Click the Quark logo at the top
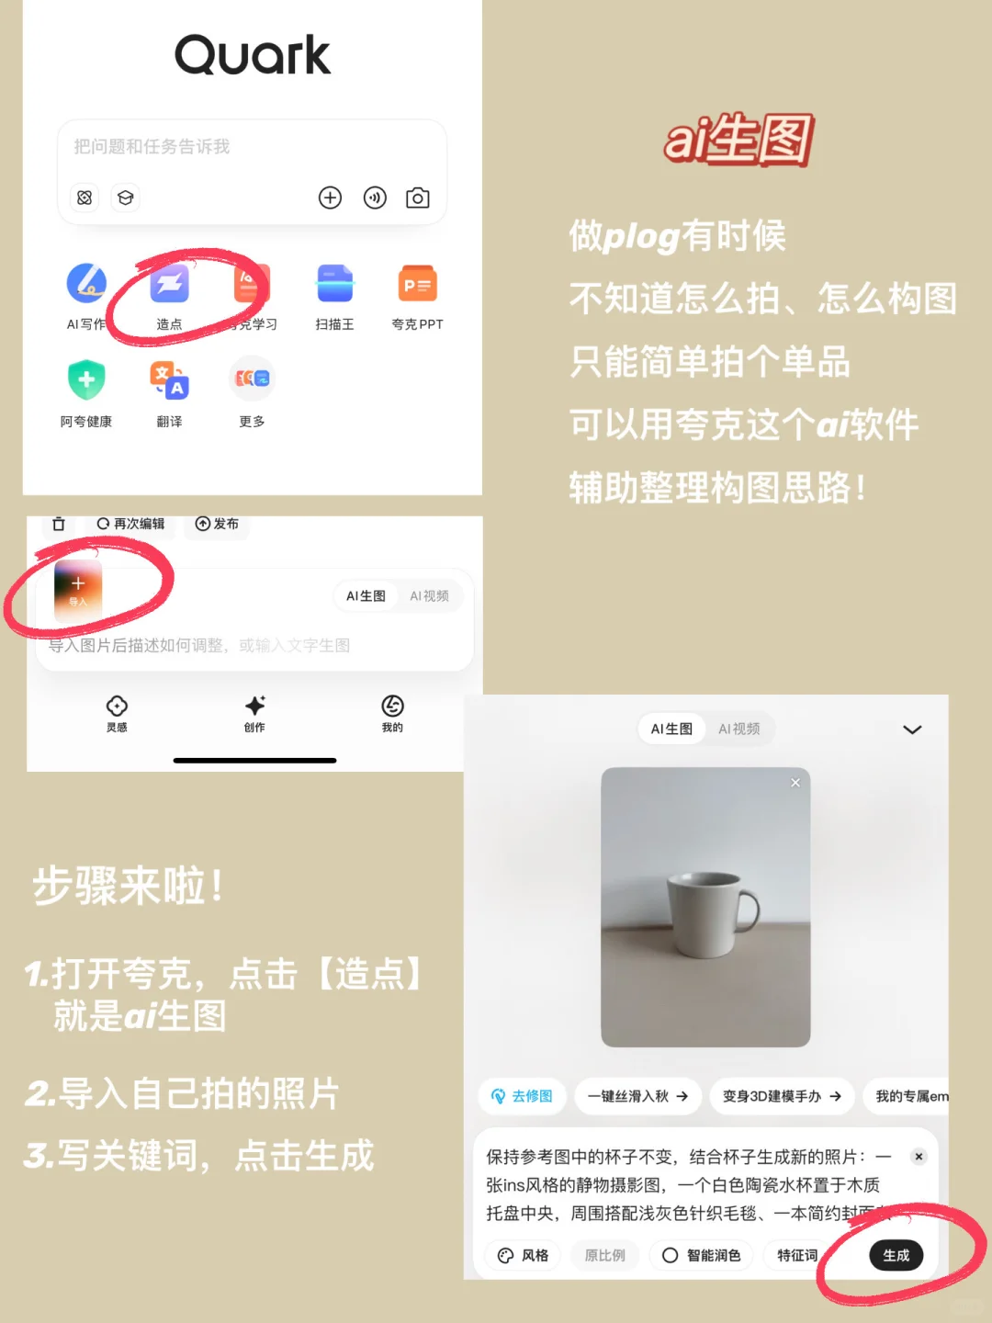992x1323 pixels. (253, 55)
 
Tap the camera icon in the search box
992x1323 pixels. (418, 198)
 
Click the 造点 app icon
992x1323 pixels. (170, 284)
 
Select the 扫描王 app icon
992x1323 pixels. (334, 284)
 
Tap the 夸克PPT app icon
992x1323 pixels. (417, 284)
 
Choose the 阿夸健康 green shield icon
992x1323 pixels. (86, 379)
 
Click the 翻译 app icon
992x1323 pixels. (170, 379)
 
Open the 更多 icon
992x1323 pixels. (252, 379)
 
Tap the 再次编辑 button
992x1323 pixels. (130, 524)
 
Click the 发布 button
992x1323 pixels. (217, 524)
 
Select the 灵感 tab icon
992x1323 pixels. (117, 706)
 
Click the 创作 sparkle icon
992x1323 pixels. (254, 706)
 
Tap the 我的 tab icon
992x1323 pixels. (392, 706)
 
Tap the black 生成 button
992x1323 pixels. (896, 1255)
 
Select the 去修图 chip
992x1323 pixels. (522, 1096)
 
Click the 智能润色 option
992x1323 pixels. (702, 1255)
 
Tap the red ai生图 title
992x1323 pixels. (739, 140)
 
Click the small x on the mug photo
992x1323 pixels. (795, 783)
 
